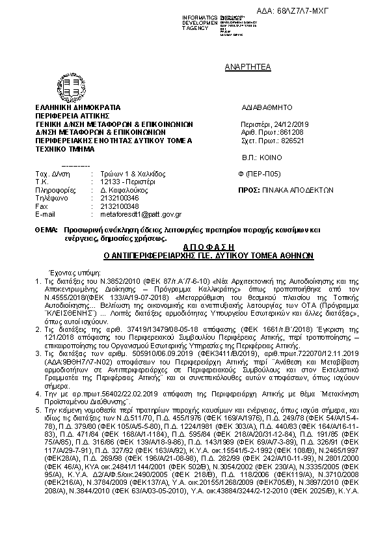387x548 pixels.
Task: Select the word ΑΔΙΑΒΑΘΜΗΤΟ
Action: click(x=267, y=106)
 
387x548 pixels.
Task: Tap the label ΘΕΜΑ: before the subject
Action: click(x=46, y=230)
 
